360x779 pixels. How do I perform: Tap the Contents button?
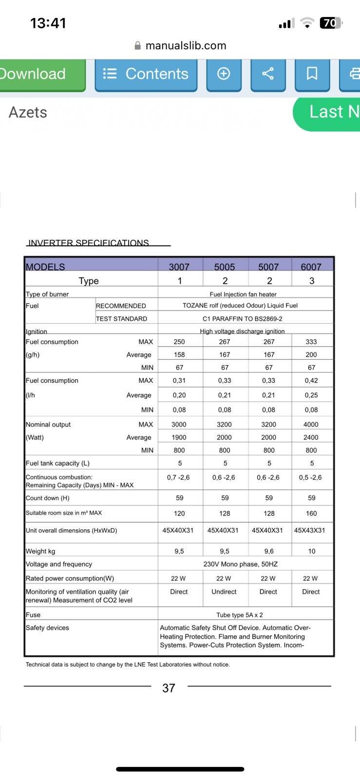[x=146, y=74]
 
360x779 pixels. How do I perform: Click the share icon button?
[x=267, y=74]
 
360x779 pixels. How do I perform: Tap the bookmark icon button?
[x=312, y=74]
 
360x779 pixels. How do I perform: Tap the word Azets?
[x=28, y=112]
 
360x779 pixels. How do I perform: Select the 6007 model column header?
[x=311, y=267]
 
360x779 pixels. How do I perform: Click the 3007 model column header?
[x=179, y=267]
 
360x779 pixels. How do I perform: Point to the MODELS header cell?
[x=45, y=267]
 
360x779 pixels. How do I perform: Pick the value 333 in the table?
[x=311, y=342]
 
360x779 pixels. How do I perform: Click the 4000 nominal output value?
[x=311, y=425]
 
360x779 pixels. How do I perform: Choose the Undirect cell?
[x=224, y=592]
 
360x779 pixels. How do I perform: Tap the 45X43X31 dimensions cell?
[x=309, y=530]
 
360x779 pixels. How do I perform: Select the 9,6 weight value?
[x=269, y=551]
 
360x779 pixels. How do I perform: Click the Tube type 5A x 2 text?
[x=240, y=615]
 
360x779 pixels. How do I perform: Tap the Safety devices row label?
[x=47, y=628]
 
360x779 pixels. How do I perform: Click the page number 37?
[x=169, y=688]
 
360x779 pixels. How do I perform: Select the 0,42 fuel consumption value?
[x=311, y=381]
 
